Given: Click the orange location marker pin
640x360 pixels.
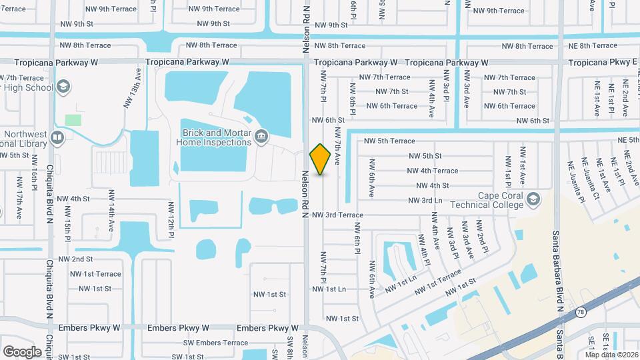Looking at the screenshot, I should [321, 159].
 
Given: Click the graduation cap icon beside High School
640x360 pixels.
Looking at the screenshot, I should [63, 87].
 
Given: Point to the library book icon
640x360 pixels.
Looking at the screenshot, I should [57, 138].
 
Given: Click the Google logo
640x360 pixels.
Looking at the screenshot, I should [22, 351].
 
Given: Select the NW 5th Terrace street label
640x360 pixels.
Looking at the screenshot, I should [389, 141].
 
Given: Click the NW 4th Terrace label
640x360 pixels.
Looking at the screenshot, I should [432, 171].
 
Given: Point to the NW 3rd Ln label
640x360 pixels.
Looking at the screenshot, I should [420, 200].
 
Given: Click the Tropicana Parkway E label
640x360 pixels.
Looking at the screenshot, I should [603, 62].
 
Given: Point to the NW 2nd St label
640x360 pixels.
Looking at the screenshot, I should [75, 259].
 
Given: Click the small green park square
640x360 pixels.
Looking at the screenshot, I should [73, 120].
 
